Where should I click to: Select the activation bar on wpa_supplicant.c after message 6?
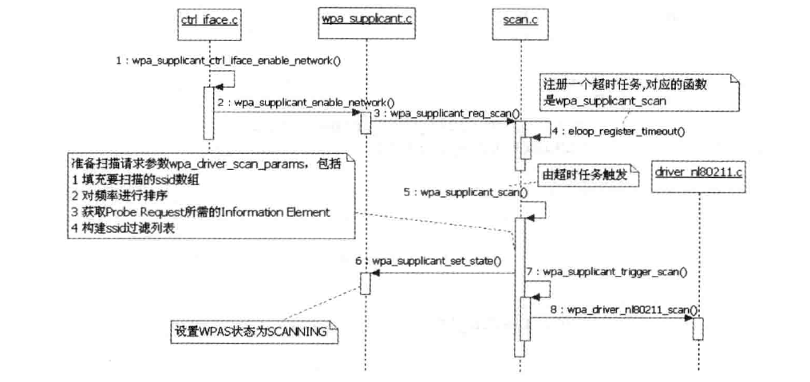[x=365, y=282]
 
